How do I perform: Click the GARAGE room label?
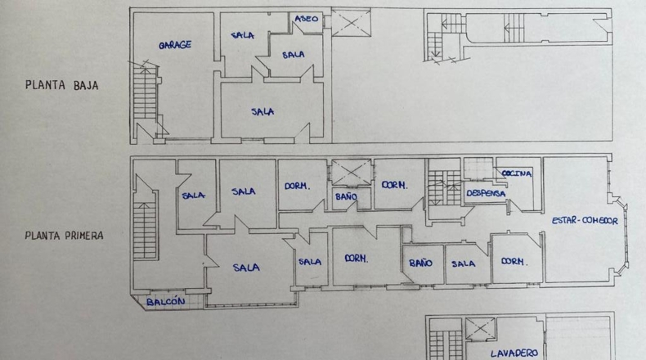click(175, 44)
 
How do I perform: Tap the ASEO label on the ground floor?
click(307, 19)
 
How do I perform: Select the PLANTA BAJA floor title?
click(62, 85)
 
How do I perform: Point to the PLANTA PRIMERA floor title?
click(65, 236)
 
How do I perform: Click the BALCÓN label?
click(166, 302)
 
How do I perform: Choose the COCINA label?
click(517, 173)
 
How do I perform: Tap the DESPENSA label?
click(486, 193)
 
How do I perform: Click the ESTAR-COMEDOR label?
click(585, 221)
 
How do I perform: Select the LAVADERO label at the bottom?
click(514, 353)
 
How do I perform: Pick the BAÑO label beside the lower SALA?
click(420, 263)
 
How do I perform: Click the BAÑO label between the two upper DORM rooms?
click(346, 196)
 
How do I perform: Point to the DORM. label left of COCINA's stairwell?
click(395, 185)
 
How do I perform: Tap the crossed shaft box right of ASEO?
click(351, 23)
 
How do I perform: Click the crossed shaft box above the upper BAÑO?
click(352, 173)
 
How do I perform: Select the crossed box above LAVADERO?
click(480, 329)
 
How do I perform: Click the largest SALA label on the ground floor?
click(262, 111)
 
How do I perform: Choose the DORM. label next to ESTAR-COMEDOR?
click(514, 262)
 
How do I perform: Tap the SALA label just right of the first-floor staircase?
click(193, 195)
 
